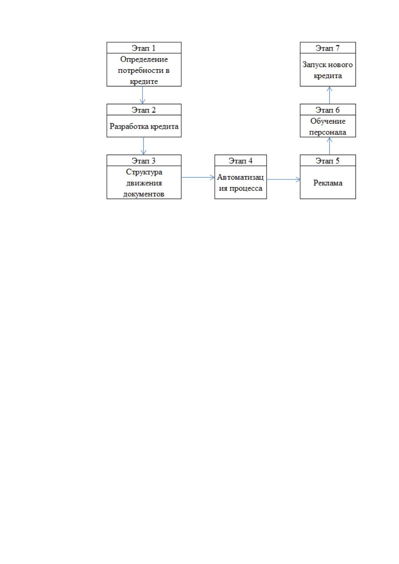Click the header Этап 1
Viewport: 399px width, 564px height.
click(x=144, y=48)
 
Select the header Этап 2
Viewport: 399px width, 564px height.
click(x=144, y=110)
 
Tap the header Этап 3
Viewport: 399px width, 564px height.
click(x=144, y=161)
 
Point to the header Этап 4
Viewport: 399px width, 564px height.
click(x=241, y=161)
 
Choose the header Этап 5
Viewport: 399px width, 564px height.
click(x=327, y=161)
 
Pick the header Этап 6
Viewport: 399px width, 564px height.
click(x=327, y=110)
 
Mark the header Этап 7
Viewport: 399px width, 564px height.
click(x=327, y=48)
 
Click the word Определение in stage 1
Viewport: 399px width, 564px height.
click(x=144, y=59)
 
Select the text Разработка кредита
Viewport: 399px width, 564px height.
click(x=144, y=126)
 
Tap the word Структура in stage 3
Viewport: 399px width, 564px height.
click(x=144, y=172)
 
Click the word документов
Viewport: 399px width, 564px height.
click(x=144, y=194)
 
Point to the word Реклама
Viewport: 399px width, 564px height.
click(x=328, y=183)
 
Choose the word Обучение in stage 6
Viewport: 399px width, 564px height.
click(x=328, y=121)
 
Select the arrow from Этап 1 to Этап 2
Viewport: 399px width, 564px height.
click(x=143, y=95)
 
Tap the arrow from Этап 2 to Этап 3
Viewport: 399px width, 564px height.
click(x=144, y=146)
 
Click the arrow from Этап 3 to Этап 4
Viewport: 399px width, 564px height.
click(x=198, y=177)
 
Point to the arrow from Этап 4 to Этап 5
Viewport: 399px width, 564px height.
click(x=283, y=180)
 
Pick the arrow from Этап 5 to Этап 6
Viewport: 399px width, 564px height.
click(x=329, y=146)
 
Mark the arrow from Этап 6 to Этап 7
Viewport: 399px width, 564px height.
click(x=329, y=95)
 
